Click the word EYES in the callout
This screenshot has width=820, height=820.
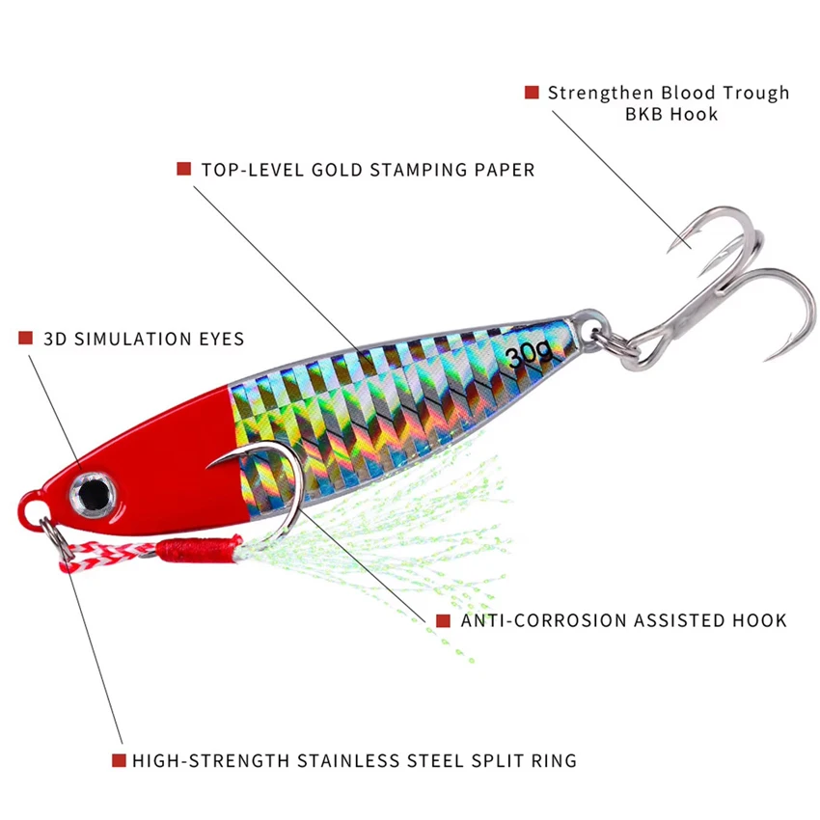(x=221, y=339)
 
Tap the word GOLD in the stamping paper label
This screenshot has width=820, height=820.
(x=337, y=170)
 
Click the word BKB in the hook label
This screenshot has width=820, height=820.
(x=644, y=114)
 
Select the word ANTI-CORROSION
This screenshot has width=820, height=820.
(x=544, y=620)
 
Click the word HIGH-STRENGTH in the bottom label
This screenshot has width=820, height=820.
(x=210, y=760)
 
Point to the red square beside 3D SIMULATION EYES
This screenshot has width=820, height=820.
(x=26, y=338)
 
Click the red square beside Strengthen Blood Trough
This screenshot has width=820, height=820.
(x=532, y=92)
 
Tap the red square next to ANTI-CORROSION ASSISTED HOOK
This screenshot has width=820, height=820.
(x=443, y=620)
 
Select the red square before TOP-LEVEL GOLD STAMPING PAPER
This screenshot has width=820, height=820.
(x=183, y=169)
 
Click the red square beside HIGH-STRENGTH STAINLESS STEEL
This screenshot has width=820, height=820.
(x=119, y=760)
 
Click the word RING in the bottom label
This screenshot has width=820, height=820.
(x=554, y=760)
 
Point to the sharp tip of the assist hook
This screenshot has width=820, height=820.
(x=206, y=467)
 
